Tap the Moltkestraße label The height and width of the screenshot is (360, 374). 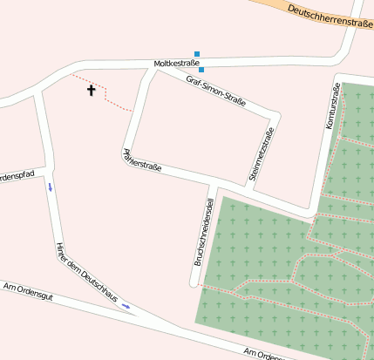[x=177, y=64]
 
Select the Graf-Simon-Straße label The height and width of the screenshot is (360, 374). [x=216, y=92]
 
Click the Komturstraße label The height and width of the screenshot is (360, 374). [x=332, y=107]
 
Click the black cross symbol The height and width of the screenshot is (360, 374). [x=91, y=90]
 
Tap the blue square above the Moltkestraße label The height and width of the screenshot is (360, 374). [x=197, y=54]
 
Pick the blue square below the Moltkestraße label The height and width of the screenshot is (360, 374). [x=201, y=71]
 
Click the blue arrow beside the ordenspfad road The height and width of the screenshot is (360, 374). [x=51, y=187]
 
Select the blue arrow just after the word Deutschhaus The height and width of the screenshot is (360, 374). [x=126, y=305]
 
